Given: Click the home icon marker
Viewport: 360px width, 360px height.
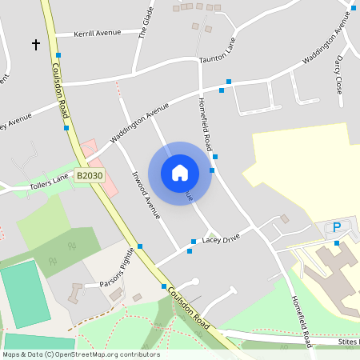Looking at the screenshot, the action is coord(180,172).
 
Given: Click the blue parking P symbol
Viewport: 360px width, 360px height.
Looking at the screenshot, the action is coord(337,227).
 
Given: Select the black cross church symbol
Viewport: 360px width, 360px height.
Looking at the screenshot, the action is coord(36,45).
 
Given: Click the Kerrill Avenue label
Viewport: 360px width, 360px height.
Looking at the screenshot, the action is coord(96,33).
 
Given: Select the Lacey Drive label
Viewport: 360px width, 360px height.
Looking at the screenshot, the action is coord(221,239).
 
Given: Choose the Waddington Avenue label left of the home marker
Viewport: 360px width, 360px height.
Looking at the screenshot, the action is coord(140,123).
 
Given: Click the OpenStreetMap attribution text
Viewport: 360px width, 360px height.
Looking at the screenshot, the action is coord(81,354).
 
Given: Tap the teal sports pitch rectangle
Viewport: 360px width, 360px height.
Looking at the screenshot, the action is coord(24,294).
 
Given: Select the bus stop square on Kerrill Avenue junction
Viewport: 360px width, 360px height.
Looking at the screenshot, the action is coord(58,55).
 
